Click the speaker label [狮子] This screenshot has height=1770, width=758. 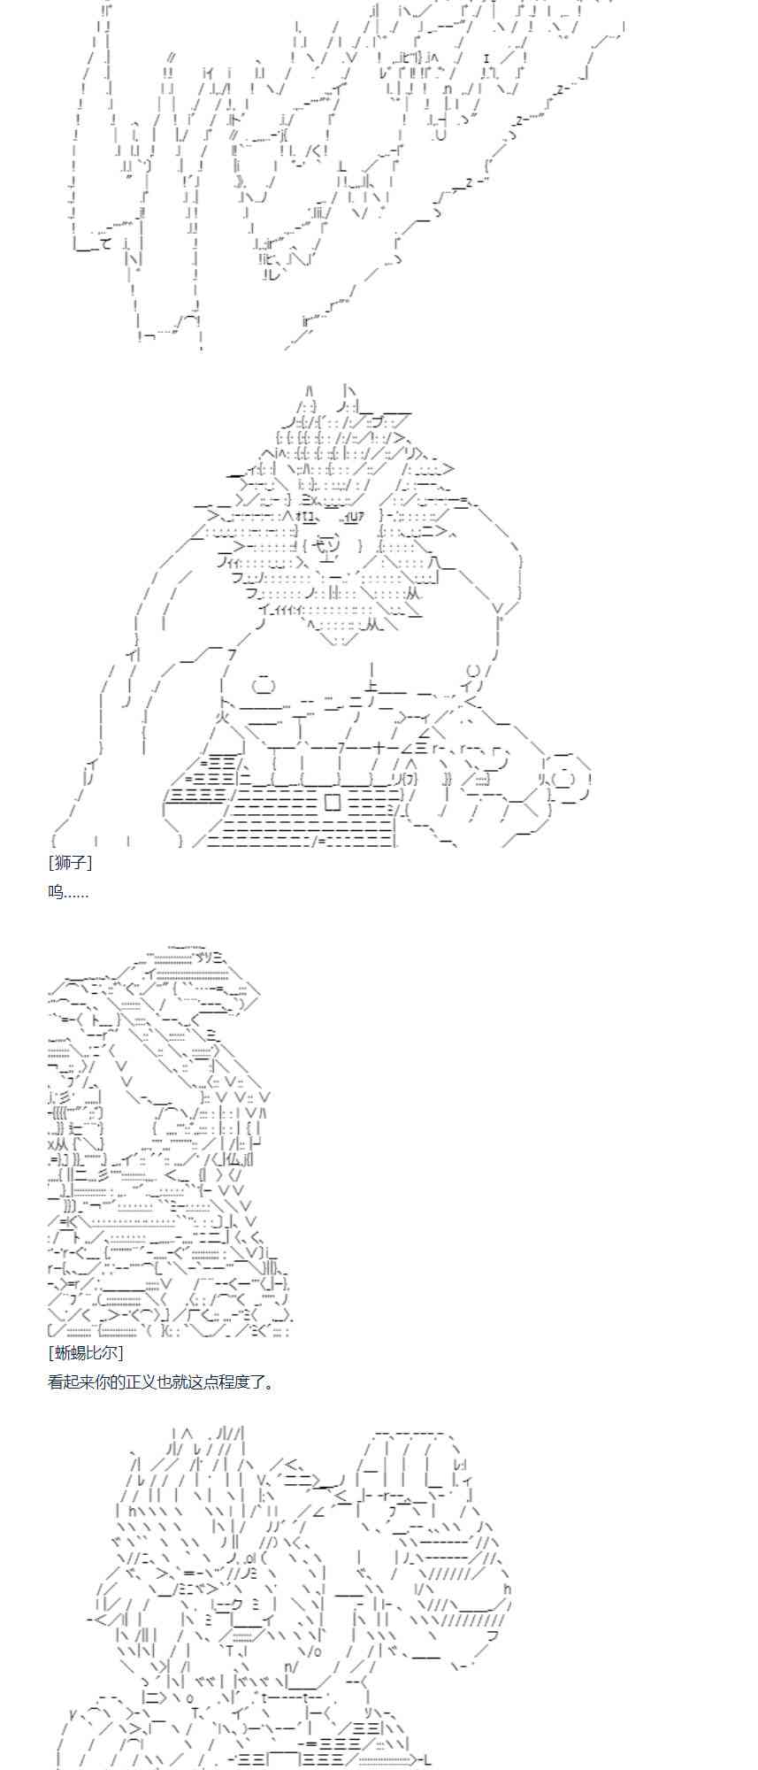coord(70,862)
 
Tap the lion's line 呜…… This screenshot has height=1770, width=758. coord(68,892)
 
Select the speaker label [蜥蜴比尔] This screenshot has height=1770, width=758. coord(86,1352)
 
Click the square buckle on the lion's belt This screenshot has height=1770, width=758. coord(333,802)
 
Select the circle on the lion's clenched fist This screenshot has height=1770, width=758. coord(563,780)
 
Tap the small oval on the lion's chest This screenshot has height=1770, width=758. coord(264,685)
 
